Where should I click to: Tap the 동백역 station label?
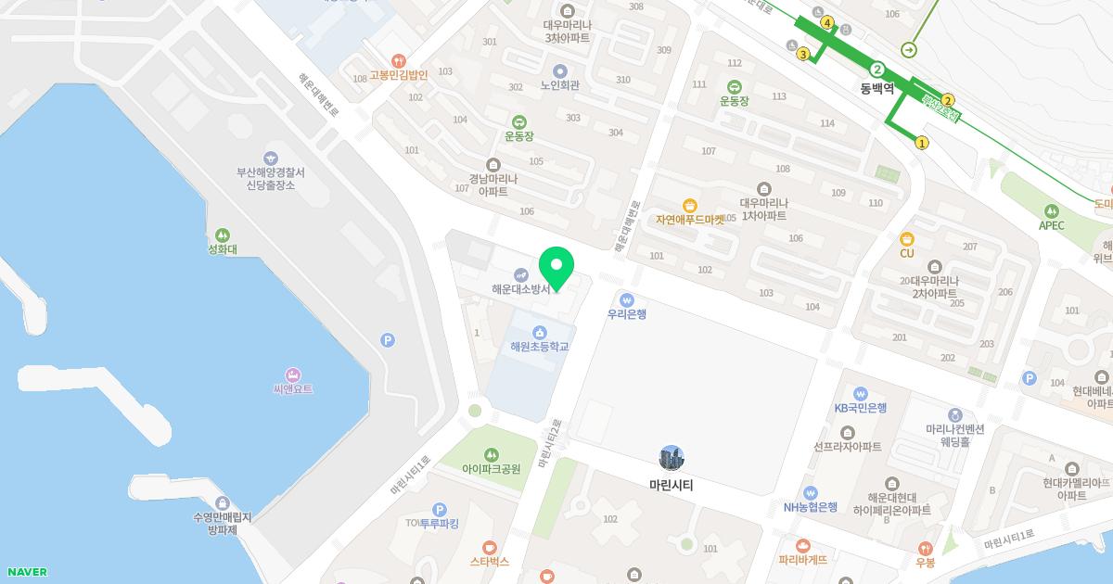tap(876, 89)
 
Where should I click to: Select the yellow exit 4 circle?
tap(826, 23)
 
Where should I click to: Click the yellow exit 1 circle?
tap(921, 143)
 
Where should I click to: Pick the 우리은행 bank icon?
tap(627, 299)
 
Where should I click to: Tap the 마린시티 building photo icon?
tap(671, 458)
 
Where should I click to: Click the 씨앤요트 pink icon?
tap(293, 375)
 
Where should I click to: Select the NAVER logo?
tap(26, 572)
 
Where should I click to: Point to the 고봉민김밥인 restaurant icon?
tap(398, 61)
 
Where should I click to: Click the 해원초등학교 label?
tap(539, 347)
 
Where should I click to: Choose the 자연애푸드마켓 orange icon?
tap(689, 206)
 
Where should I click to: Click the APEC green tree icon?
tap(1051, 211)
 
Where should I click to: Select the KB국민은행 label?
tap(860, 408)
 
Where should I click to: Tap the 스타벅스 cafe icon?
tap(490, 547)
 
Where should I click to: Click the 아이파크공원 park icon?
tap(491, 454)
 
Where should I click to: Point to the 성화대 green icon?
tap(222, 235)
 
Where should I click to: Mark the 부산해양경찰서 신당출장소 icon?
tap(270, 159)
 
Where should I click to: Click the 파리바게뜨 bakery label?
tap(802, 560)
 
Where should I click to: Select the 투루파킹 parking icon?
tap(440, 509)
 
